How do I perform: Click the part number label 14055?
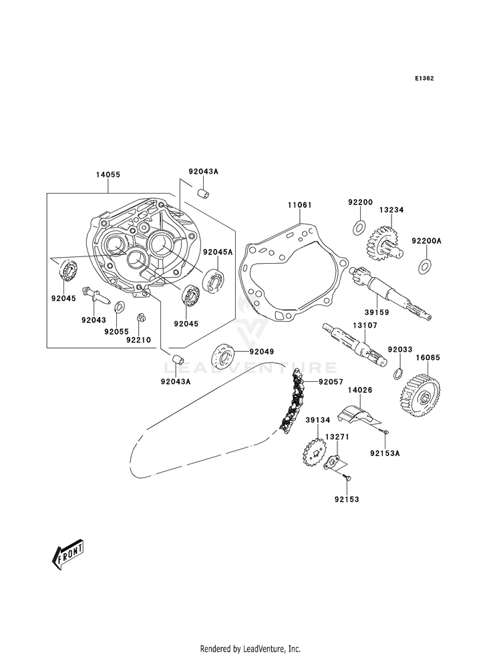coord(108,175)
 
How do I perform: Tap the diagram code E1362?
coord(424,78)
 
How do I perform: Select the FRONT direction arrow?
coord(67,555)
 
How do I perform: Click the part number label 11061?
coord(299,205)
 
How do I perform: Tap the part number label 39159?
coord(377,312)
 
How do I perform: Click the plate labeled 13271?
coord(335,464)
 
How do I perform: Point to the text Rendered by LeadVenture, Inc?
coord(251,649)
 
